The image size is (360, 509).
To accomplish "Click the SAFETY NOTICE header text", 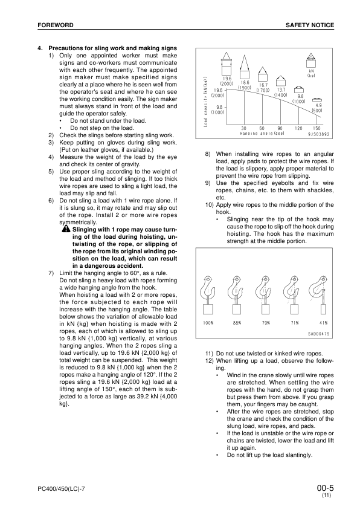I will tap(309, 25).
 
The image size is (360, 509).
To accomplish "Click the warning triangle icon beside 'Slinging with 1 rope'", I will tap(65, 229).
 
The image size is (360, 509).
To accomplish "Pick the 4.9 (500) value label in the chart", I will tap(317, 108).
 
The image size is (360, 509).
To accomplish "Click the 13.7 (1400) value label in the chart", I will tap(281, 92).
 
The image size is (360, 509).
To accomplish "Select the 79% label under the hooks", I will tap(266, 323).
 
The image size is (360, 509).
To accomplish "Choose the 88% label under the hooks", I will tap(237, 323).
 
